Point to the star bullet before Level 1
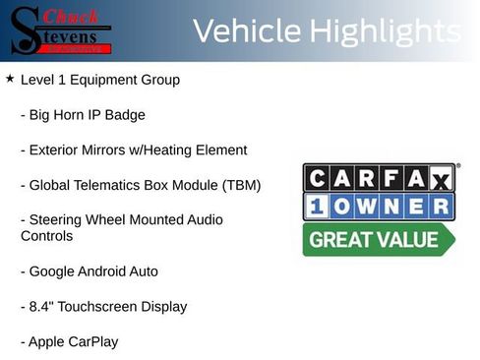point(10,79)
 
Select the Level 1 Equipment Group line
point(99,80)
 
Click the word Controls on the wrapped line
point(47,236)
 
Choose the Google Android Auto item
point(89,271)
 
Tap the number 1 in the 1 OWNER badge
point(319,208)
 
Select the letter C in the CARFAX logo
point(319,177)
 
